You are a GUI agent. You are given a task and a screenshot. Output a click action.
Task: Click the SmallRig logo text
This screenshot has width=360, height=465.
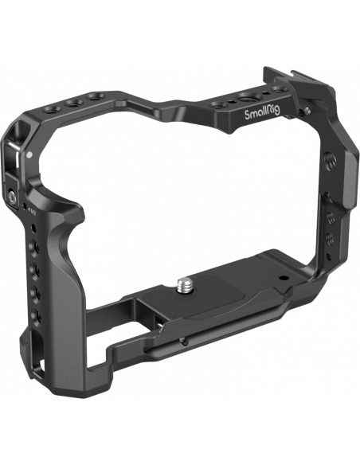tap(262, 113)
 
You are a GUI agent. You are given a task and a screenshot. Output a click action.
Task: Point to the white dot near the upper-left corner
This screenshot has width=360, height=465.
tap(29, 154)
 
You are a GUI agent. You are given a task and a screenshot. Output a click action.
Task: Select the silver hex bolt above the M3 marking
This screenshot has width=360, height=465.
tap(12, 195)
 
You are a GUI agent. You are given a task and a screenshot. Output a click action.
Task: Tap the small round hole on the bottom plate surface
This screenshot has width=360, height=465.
tap(284, 279)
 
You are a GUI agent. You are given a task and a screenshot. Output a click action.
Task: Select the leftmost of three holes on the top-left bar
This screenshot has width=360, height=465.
tap(52, 109)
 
